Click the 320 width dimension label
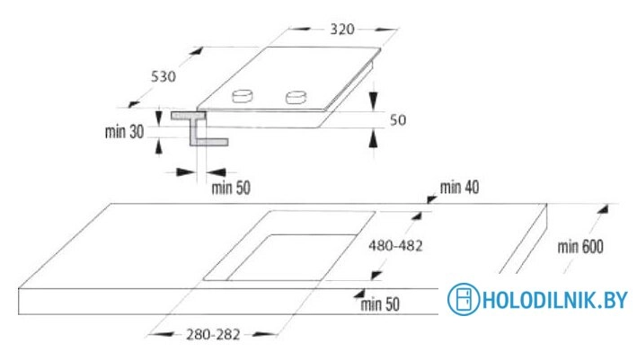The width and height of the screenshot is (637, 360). [x=342, y=30]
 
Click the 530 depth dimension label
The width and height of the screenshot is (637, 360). [x=164, y=76]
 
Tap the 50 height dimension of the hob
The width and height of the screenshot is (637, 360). [x=398, y=120]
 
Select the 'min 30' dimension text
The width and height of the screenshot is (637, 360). [x=124, y=132]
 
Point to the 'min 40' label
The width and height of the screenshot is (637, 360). [x=459, y=188]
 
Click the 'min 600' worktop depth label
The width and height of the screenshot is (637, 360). [x=580, y=247]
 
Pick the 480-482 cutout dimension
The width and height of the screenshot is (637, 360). [x=395, y=246]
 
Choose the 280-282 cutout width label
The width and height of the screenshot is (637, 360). [x=213, y=335]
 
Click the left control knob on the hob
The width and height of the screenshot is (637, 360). [x=243, y=96]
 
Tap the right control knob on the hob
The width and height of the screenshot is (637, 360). [x=296, y=98]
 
